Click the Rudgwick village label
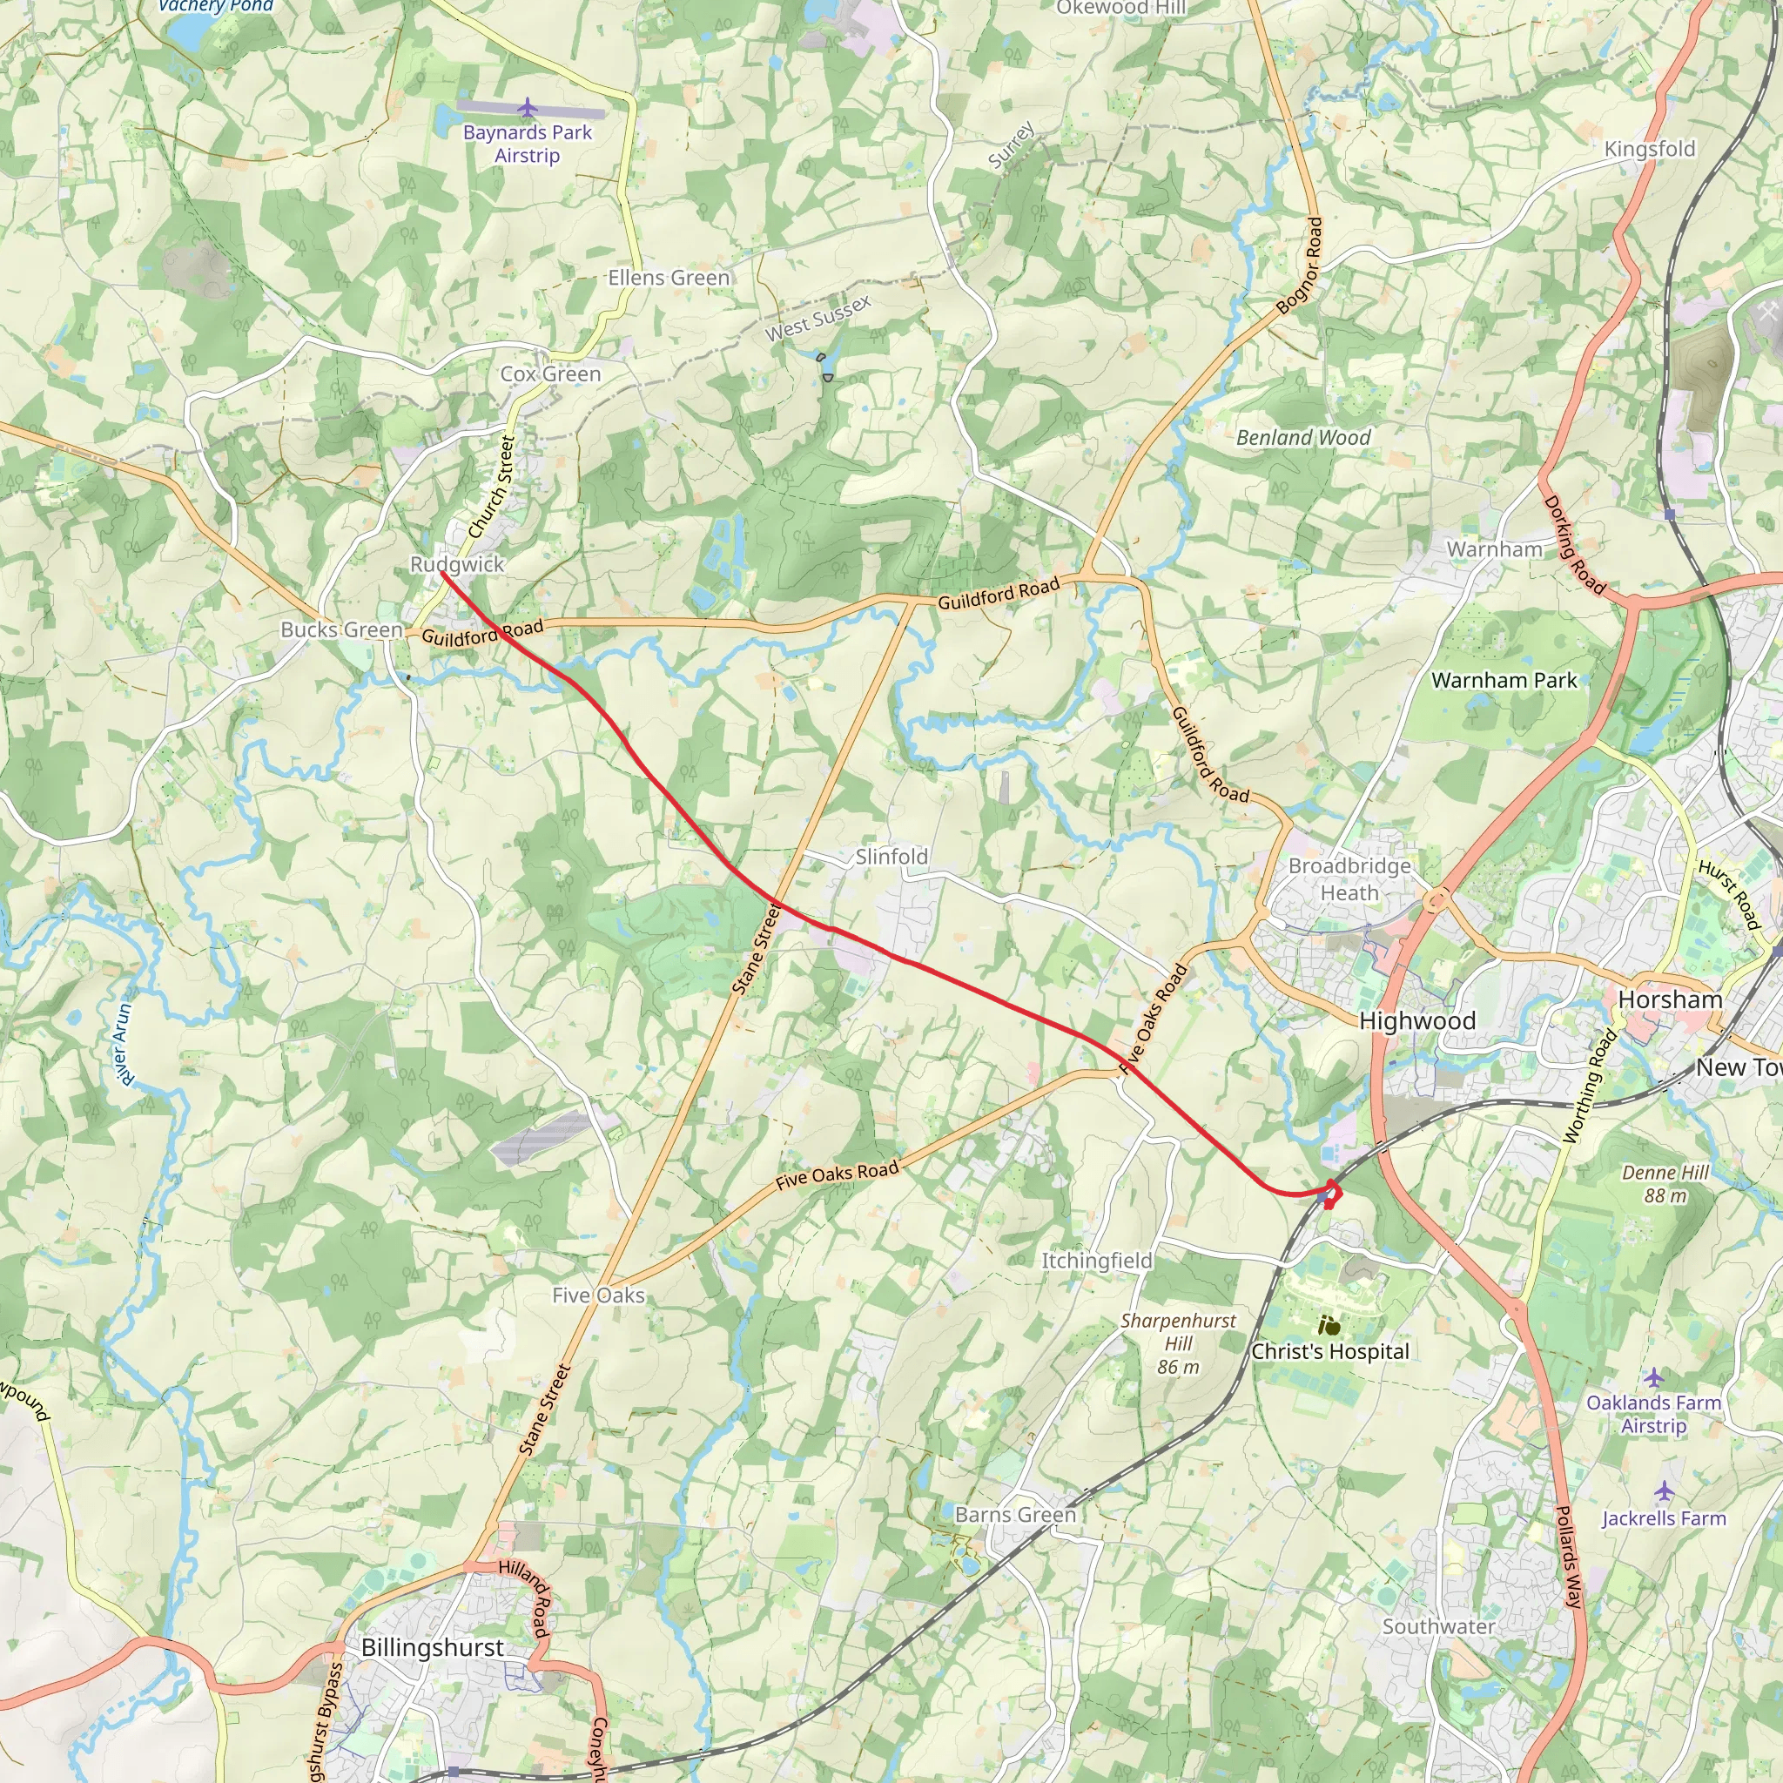pos(457,564)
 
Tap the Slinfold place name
pos(891,857)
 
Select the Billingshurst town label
pos(432,1647)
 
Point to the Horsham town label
pos(1671,999)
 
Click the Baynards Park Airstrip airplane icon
pos(527,109)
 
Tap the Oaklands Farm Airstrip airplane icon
pos(1654,1378)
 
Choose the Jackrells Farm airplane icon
pos(1664,1491)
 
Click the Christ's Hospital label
pos(1330,1351)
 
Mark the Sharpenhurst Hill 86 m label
pos(1178,1343)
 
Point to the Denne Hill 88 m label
pos(1665,1184)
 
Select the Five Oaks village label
pos(598,1295)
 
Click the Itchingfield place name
pos(1097,1261)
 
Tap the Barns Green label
pos(1015,1515)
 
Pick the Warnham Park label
pos(1504,680)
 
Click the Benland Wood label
pos(1303,437)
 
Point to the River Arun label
pos(122,1044)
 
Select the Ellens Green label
pos(668,278)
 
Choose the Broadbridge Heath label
pos(1349,879)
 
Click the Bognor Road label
pos(1301,266)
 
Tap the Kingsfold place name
pos(1649,149)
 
